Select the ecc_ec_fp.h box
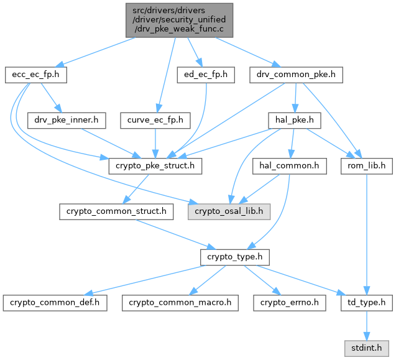pyautogui.click(x=35, y=75)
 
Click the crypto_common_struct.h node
pyautogui.click(x=117, y=211)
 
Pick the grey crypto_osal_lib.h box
pyautogui.click(x=229, y=211)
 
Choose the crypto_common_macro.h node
pyautogui.click(x=180, y=303)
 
